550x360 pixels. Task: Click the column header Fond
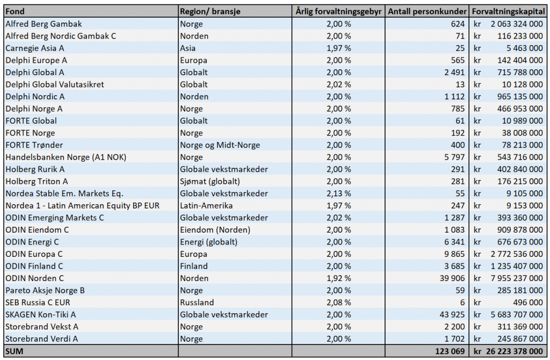tap(15, 12)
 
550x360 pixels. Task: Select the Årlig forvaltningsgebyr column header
tap(338, 12)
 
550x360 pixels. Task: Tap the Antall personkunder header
tap(427, 12)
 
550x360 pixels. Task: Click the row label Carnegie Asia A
tap(35, 48)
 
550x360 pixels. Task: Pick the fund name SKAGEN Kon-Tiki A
tap(41, 315)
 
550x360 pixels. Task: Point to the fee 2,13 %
tap(339, 193)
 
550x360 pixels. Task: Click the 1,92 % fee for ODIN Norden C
tap(339, 278)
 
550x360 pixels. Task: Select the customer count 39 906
tap(452, 278)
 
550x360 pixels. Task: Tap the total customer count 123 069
tap(450, 351)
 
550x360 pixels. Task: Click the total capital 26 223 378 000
tap(515, 351)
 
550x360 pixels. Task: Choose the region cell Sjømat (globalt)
tap(210, 182)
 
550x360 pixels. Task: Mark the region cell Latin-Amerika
tap(206, 206)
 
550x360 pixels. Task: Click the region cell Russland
tap(197, 303)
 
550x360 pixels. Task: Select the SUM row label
tap(15, 351)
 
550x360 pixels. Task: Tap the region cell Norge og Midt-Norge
tap(220, 145)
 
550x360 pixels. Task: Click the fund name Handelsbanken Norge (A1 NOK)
tap(66, 157)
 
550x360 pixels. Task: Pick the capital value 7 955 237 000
tap(517, 278)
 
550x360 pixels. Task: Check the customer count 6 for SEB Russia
tap(462, 303)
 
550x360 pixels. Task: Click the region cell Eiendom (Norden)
tap(215, 230)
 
